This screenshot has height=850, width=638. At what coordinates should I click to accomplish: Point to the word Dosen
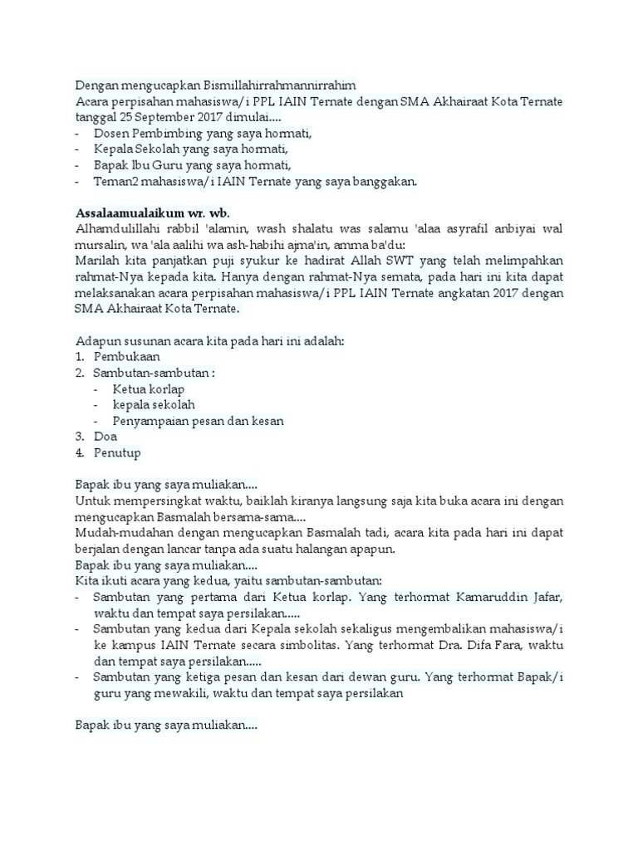tap(110, 133)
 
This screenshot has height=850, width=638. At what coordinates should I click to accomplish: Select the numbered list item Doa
tap(106, 437)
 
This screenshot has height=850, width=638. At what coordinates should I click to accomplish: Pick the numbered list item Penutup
tap(117, 452)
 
